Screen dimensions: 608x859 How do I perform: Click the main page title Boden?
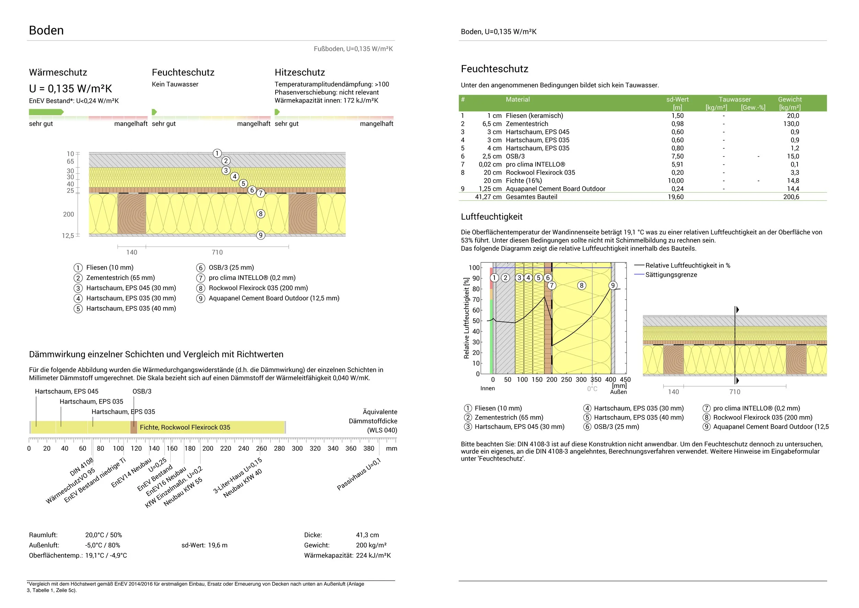point(46,30)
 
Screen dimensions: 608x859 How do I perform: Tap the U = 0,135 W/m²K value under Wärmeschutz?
point(70,89)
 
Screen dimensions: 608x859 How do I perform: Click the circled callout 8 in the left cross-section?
point(260,214)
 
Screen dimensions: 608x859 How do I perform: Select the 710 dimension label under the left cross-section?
point(217,252)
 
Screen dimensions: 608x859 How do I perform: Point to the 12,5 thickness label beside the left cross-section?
point(68,236)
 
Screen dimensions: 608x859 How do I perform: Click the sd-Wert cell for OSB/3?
point(677,156)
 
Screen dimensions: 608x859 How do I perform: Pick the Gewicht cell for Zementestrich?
point(791,124)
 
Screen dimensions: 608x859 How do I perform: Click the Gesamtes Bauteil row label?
point(531,197)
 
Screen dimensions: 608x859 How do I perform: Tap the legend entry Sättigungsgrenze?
point(671,275)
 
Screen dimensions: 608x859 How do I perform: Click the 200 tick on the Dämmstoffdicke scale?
point(208,448)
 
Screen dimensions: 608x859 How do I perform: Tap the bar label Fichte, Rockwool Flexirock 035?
point(185,427)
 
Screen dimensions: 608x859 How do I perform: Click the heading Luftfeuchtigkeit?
point(492,217)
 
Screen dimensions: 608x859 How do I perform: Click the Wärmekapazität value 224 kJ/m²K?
point(373,556)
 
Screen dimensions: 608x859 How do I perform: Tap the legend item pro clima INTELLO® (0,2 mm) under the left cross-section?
point(252,278)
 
